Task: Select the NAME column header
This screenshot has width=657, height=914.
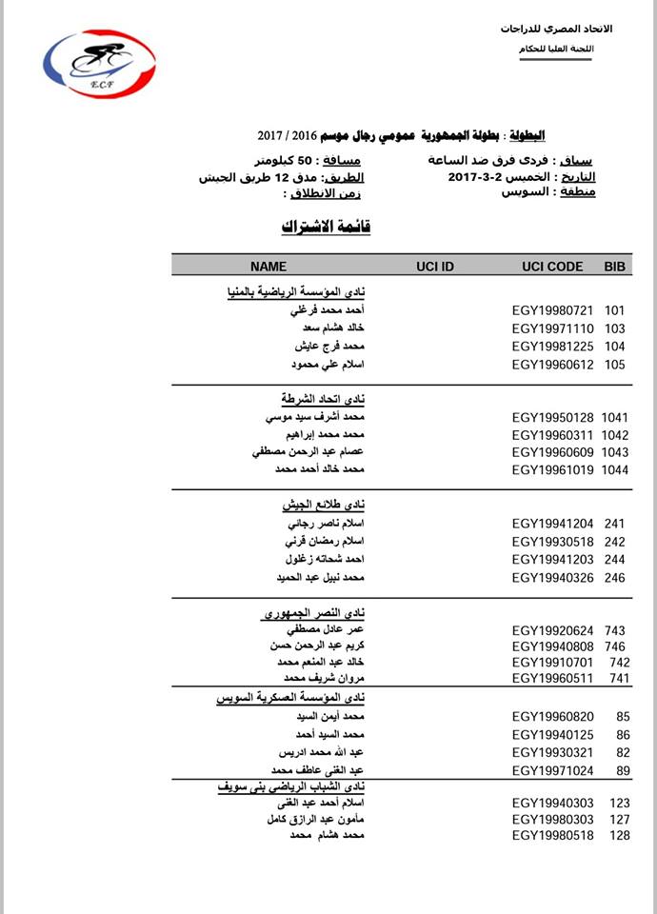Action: coord(268,267)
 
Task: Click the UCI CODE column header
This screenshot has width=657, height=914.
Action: coord(552,267)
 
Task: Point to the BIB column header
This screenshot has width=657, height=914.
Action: coord(615,267)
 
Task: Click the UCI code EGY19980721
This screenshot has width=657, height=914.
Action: coord(552,310)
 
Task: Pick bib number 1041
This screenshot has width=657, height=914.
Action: coord(615,417)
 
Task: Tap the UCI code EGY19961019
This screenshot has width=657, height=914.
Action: coord(552,470)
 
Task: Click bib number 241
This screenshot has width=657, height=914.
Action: coord(614,524)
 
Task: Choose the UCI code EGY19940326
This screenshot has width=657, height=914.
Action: coord(552,577)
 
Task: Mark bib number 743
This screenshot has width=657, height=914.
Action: coord(616,629)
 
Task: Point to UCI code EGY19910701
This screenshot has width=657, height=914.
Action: coord(552,662)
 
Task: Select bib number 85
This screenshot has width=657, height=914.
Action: coord(623,716)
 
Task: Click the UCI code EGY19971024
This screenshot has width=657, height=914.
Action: coord(552,770)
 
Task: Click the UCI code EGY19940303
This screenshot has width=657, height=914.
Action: coord(552,804)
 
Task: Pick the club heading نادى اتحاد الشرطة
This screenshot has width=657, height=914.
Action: coord(314,398)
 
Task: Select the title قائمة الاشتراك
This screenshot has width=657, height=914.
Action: coord(325,227)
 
